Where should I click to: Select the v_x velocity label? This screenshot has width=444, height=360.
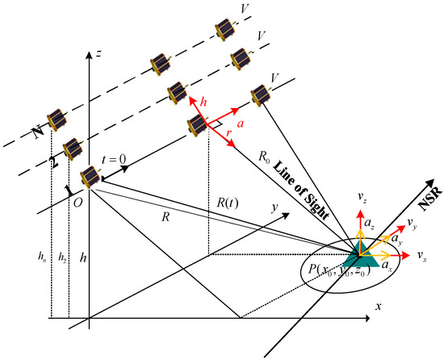click(422, 255)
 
